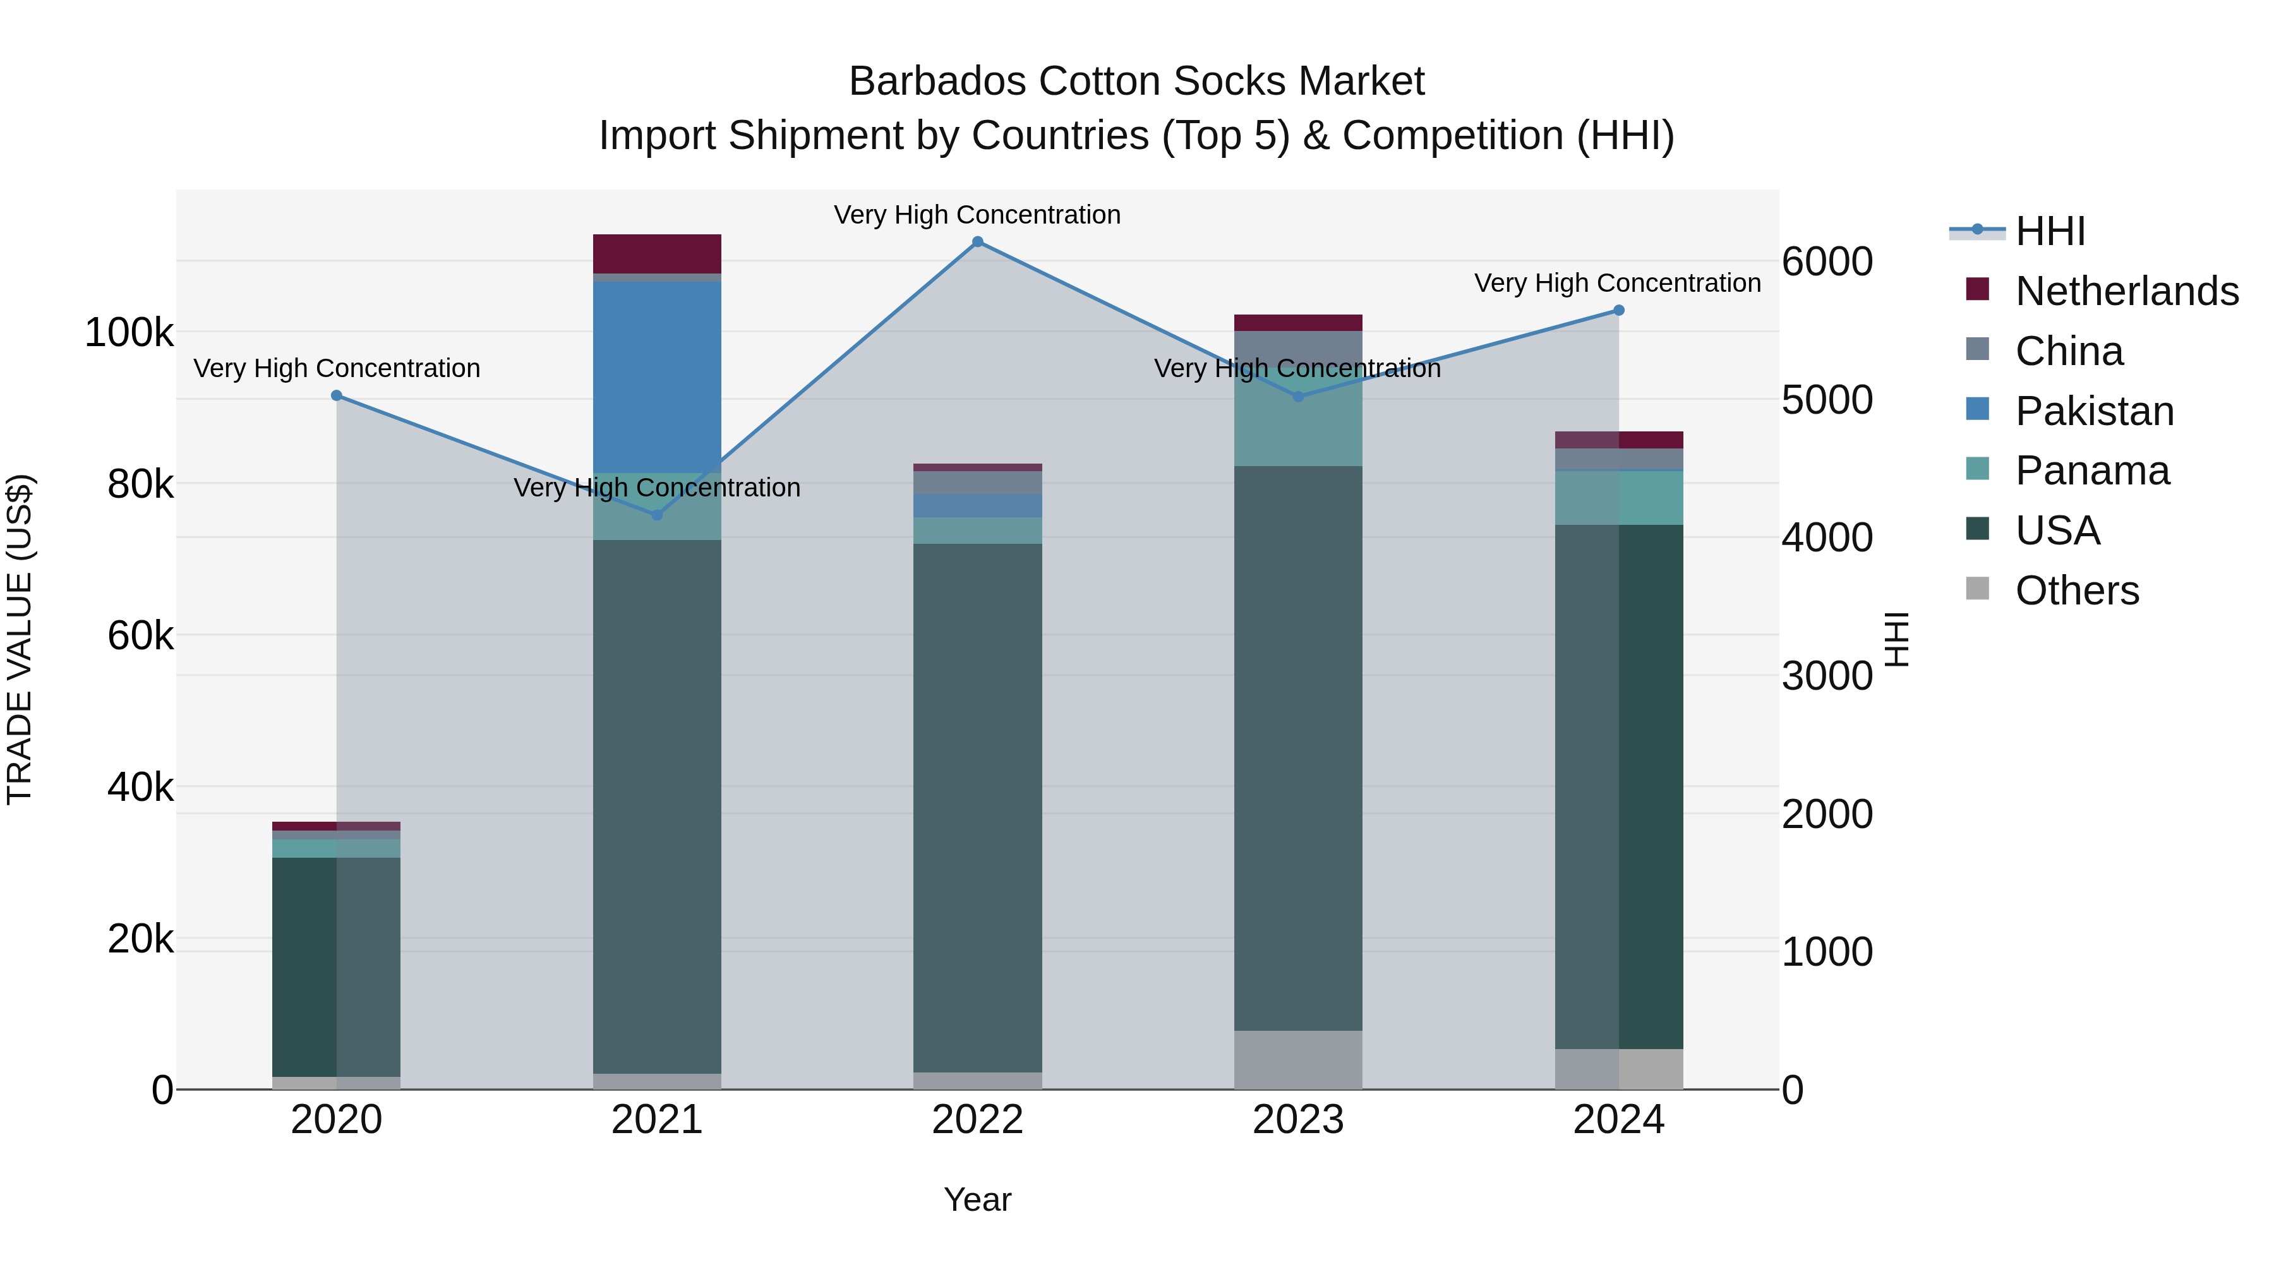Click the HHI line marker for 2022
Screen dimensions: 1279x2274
tap(977, 242)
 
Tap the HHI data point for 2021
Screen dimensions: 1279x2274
tap(657, 515)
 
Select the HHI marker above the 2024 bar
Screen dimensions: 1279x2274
tap(1619, 311)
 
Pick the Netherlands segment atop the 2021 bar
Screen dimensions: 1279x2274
tap(657, 253)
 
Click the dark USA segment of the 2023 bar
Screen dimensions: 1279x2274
tap(1297, 750)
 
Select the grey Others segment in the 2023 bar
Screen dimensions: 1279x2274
tap(1297, 1059)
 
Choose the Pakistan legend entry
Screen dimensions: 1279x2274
tap(2094, 411)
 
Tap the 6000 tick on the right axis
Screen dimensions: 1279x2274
tap(1826, 261)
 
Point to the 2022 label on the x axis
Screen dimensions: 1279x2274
tap(977, 1120)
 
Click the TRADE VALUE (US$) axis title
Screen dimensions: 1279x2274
tap(20, 639)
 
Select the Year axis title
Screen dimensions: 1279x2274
tap(977, 1199)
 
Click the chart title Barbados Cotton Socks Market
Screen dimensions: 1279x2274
tap(1136, 81)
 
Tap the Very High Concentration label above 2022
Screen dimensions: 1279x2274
tap(977, 215)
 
